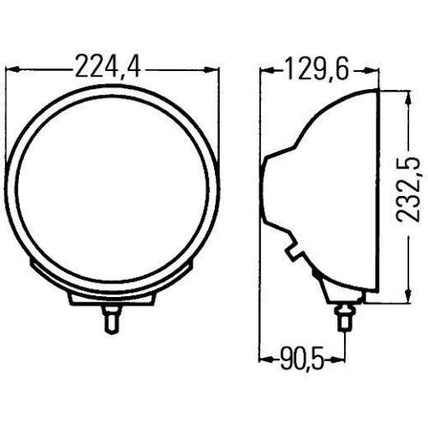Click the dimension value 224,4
(108, 65)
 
